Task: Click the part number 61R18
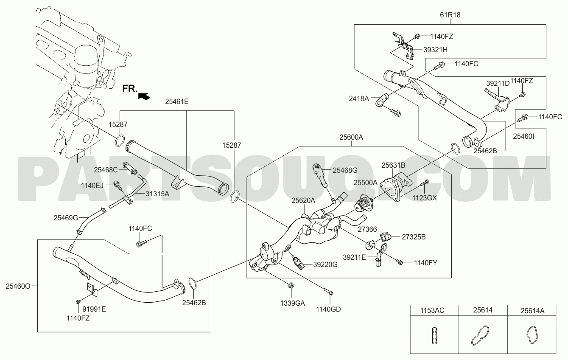pyautogui.click(x=450, y=15)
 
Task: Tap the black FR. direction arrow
pyautogui.click(x=144, y=96)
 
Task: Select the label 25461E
pyautogui.click(x=177, y=102)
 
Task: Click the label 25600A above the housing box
pyautogui.click(x=351, y=137)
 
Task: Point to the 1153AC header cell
pyautogui.click(x=434, y=310)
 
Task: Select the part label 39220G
pyautogui.click(x=325, y=264)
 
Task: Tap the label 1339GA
pyautogui.click(x=292, y=303)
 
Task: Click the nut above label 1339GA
pyautogui.click(x=291, y=285)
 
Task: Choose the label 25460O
pyautogui.click(x=18, y=286)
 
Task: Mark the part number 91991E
pyautogui.click(x=94, y=309)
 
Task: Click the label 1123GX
pyautogui.click(x=425, y=198)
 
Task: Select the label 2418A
pyautogui.click(x=359, y=98)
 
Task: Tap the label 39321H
pyautogui.click(x=435, y=50)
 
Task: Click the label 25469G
pyautogui.click(x=66, y=218)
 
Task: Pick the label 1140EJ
pyautogui.click(x=92, y=186)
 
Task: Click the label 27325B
pyautogui.click(x=414, y=237)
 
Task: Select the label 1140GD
pyautogui.click(x=328, y=309)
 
